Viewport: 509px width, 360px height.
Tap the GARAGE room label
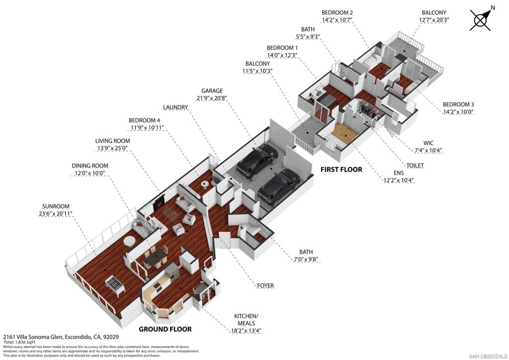212,91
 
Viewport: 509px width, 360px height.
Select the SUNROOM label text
56,206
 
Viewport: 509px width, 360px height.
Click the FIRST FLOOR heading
341,169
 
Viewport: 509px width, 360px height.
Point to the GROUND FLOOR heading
165,329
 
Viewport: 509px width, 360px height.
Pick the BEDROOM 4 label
144,120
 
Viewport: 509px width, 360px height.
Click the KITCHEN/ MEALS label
246,320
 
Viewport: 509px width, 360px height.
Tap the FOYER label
265,285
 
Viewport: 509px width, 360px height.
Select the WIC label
428,143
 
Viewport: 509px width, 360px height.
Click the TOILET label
415,166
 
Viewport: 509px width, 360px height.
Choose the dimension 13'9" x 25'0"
112,148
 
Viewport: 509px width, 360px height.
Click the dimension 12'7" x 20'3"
434,20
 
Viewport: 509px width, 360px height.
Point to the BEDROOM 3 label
458,104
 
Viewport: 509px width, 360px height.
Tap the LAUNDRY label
175,107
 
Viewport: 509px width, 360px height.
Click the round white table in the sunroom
129,241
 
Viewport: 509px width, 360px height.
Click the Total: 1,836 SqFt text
19,342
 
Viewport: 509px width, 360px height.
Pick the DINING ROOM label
90,166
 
